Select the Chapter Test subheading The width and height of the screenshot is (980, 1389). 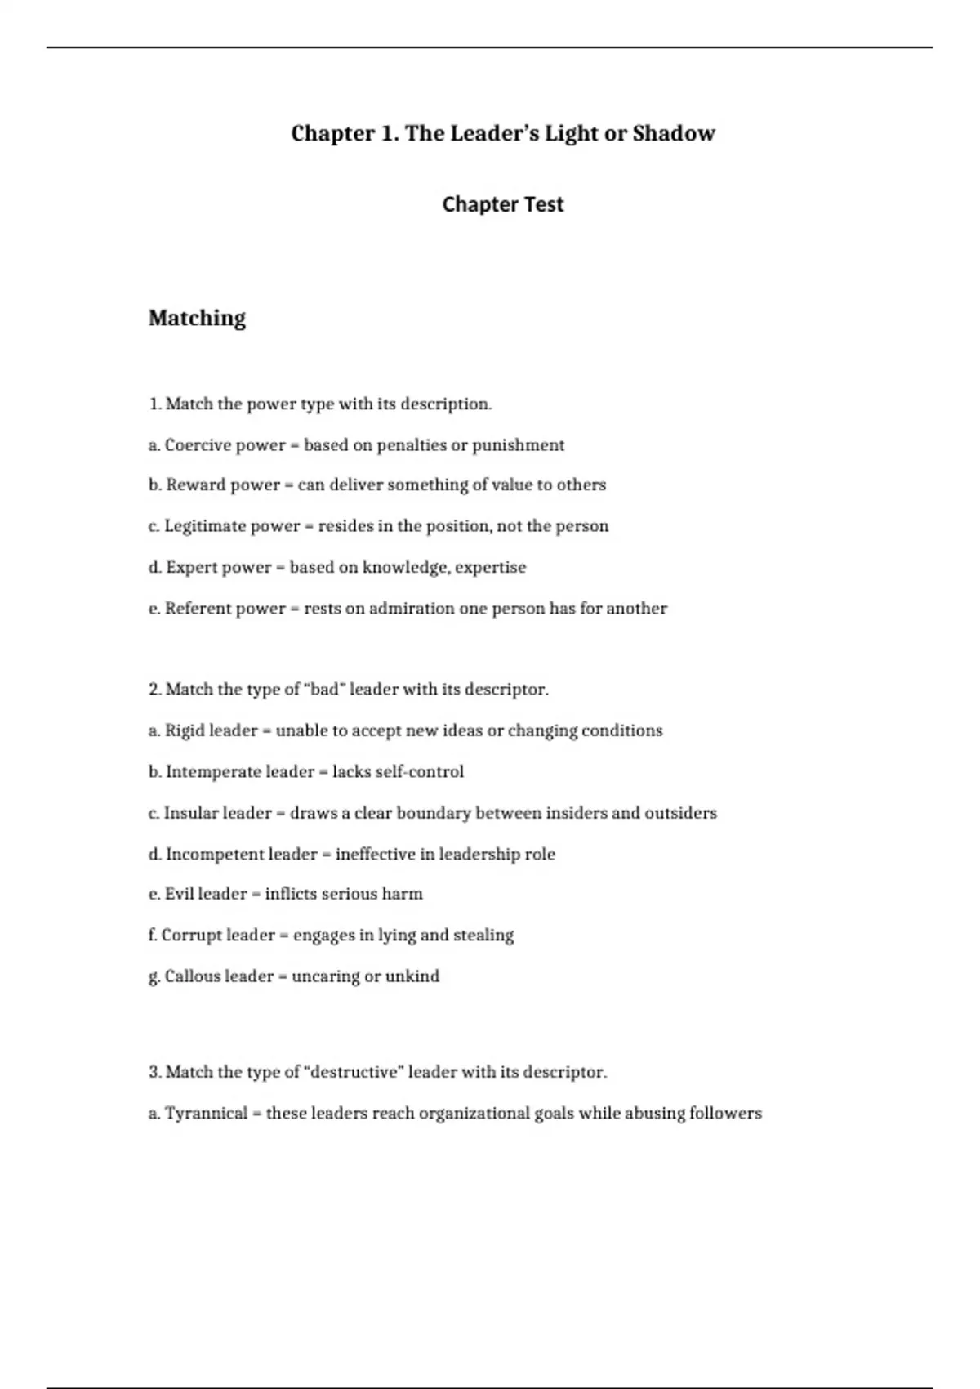502,204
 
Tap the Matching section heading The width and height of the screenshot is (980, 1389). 197,318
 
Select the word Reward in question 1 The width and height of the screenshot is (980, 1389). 195,485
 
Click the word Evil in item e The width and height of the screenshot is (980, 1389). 179,894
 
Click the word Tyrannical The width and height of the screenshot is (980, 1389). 206,1114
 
